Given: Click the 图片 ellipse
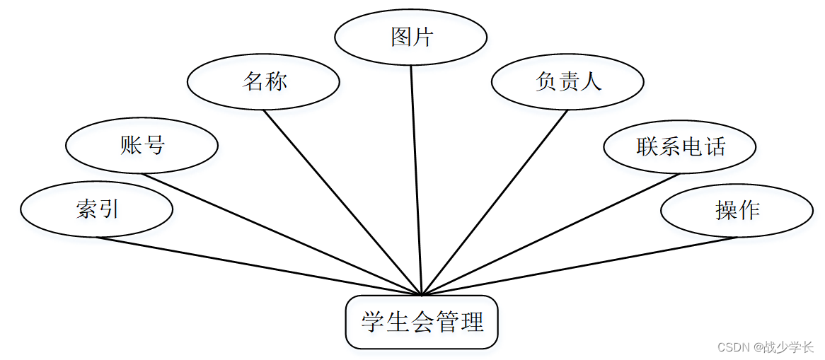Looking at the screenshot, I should pyautogui.click(x=410, y=37).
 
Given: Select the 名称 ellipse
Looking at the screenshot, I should pyautogui.click(x=263, y=82).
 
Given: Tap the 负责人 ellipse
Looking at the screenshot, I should pyautogui.click(x=567, y=82).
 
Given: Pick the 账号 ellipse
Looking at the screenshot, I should pyautogui.click(x=142, y=146).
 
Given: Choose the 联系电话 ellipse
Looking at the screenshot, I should pyautogui.click(x=679, y=146).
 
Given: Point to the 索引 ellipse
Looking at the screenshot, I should pyautogui.click(x=97, y=209).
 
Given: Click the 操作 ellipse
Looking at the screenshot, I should pyautogui.click(x=737, y=211).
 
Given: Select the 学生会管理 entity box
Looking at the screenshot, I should pyautogui.click(x=422, y=323).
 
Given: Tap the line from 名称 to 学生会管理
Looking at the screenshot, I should pyautogui.click(x=342, y=202).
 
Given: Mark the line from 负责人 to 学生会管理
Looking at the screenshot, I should pyautogui.click(x=495, y=202).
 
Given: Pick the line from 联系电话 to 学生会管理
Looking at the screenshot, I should pyautogui.click(x=551, y=234).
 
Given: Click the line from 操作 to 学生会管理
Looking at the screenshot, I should pyautogui.click(x=579, y=266).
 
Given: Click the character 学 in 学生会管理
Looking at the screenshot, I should pyautogui.click(x=373, y=323).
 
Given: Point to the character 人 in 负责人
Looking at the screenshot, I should pyautogui.click(x=591, y=82).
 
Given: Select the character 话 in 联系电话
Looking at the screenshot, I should pyautogui.click(x=715, y=146).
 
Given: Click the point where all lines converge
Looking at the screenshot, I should pyautogui.click(x=422, y=295).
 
